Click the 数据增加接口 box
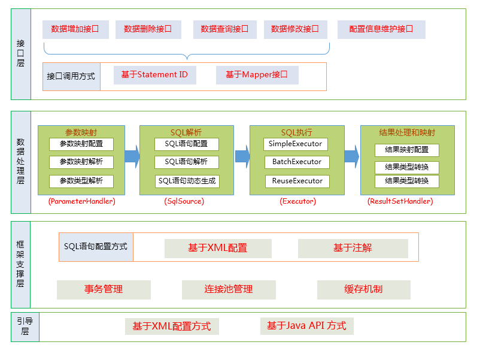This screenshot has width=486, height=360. (75, 29)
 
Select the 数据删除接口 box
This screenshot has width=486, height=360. (148, 29)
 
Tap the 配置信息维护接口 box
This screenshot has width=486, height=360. (381, 29)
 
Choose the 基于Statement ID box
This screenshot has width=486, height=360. (154, 75)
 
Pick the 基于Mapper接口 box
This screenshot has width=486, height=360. (257, 75)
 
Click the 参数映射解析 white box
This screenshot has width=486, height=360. (81, 162)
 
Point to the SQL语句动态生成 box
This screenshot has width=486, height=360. (187, 181)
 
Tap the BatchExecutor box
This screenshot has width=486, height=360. (297, 162)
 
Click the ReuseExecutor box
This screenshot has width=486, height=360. (297, 181)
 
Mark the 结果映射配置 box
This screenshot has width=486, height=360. (406, 150)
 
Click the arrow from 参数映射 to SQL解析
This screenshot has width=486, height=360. (132, 156)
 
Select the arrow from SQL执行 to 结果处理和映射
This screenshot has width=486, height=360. (352, 156)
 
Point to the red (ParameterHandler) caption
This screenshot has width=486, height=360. (81, 202)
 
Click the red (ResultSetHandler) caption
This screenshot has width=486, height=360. (400, 202)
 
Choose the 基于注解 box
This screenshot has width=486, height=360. (353, 248)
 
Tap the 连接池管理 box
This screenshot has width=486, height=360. (229, 289)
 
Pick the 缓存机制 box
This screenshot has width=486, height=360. (363, 289)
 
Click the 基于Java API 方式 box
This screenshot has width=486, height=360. (306, 326)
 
